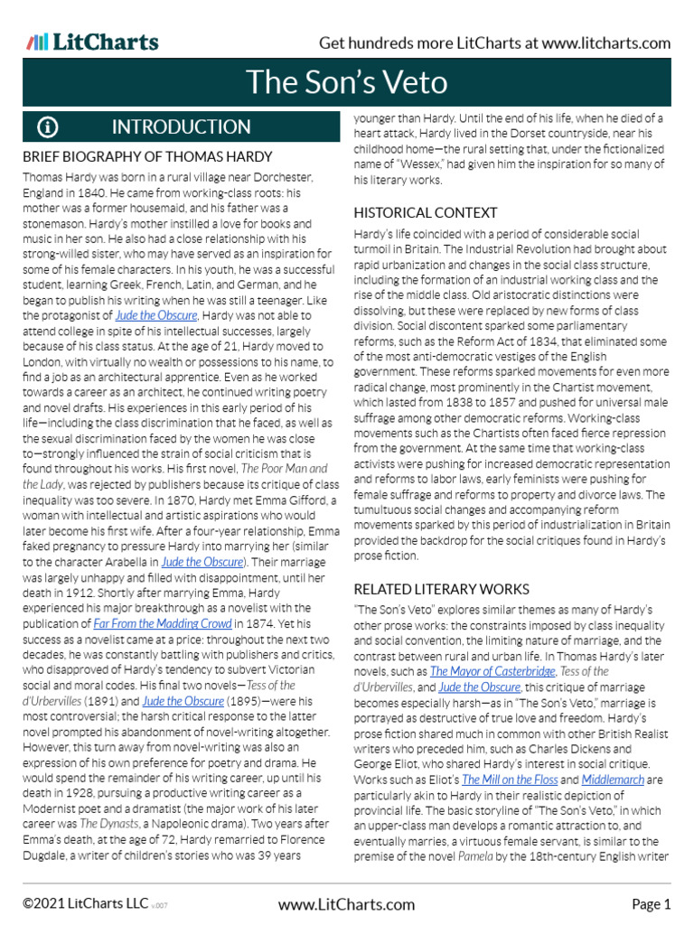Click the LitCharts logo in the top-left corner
tap(93, 42)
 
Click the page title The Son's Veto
tap(347, 82)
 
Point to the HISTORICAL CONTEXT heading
tap(425, 212)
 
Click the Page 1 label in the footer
tap(651, 903)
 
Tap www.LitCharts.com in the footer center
tap(346, 903)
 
